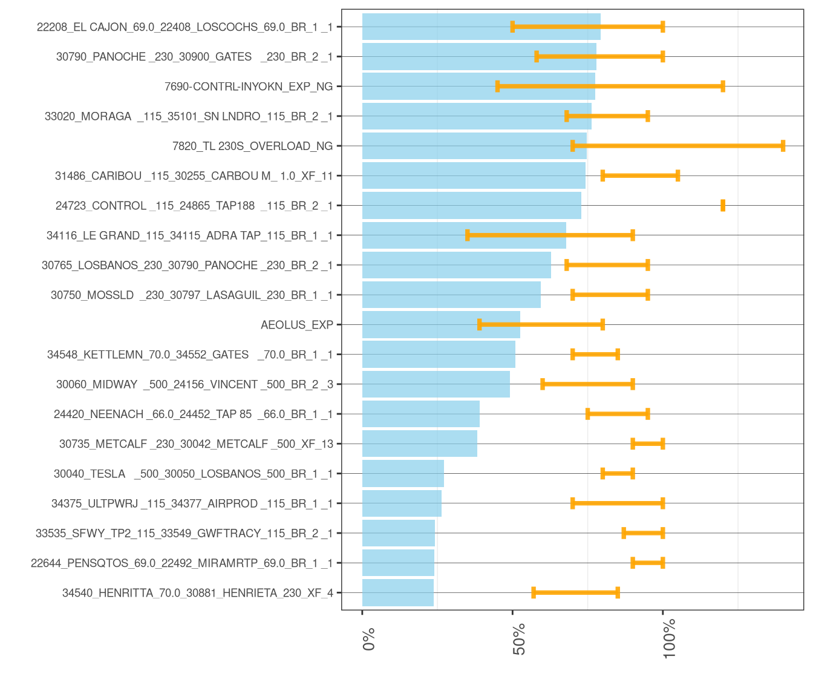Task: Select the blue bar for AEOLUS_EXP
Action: click(x=441, y=325)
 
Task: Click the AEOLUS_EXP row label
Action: click(x=296, y=325)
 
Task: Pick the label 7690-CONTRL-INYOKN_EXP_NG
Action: click(x=248, y=87)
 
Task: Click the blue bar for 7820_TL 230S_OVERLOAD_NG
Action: click(x=474, y=146)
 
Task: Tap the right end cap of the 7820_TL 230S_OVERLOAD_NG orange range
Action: click(x=783, y=146)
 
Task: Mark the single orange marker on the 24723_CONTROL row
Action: click(x=723, y=206)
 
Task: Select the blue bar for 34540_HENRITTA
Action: click(x=398, y=593)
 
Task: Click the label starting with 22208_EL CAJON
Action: click(x=184, y=27)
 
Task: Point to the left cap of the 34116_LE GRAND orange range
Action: click(x=468, y=235)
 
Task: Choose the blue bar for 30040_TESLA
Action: click(x=403, y=474)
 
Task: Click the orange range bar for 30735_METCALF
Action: click(x=648, y=444)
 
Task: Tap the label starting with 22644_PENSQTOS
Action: click(x=181, y=563)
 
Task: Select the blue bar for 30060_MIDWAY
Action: click(x=436, y=384)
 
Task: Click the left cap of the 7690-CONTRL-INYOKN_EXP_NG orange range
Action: click(x=497, y=87)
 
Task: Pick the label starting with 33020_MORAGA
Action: click(x=188, y=116)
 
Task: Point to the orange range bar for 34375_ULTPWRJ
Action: click(x=618, y=503)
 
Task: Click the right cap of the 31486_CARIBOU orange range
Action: click(x=678, y=176)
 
